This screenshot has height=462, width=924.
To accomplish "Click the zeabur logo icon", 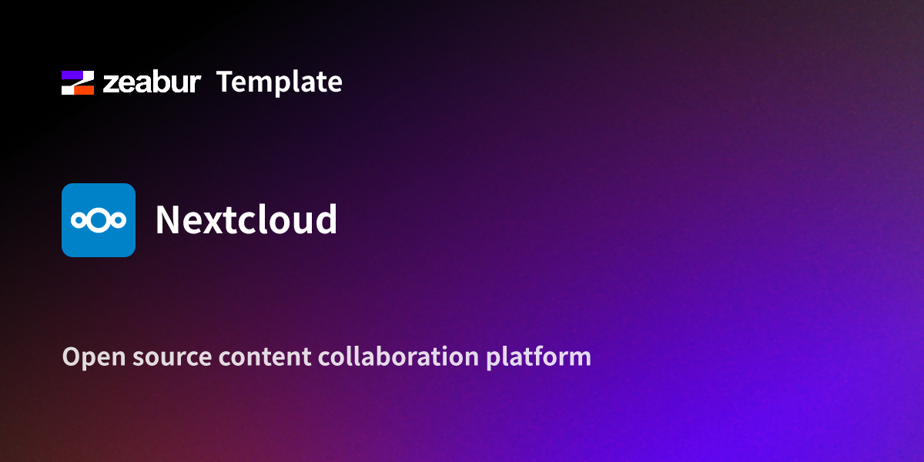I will click(x=78, y=82).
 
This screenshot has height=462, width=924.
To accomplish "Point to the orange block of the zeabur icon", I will click(x=84, y=89).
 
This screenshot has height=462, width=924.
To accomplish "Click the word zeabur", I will click(x=152, y=82).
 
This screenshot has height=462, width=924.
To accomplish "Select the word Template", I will click(x=279, y=82).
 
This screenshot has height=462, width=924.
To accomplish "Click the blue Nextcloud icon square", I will click(x=99, y=220).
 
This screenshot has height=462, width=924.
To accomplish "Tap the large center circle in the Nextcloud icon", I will click(x=99, y=220).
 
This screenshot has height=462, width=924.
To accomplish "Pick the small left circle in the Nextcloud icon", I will click(x=78, y=221).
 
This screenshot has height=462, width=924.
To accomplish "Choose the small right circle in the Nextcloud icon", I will click(x=119, y=221).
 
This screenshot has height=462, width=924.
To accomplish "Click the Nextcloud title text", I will click(x=246, y=220).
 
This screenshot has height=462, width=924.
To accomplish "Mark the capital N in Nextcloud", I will click(x=169, y=220).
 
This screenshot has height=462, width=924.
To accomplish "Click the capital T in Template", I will click(x=226, y=82).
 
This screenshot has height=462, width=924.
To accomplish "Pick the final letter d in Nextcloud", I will click(x=326, y=220).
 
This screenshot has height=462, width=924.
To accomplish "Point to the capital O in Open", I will click(x=71, y=357).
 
